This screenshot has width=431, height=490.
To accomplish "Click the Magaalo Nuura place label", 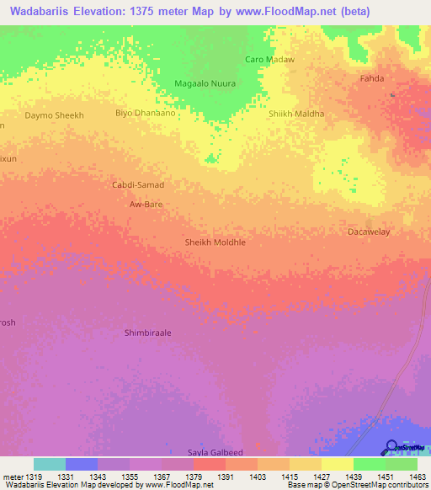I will click(204, 83).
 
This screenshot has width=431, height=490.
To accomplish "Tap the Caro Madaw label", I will click(269, 59).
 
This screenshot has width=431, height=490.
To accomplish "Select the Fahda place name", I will click(372, 78).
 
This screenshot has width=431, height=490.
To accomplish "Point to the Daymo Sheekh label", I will click(55, 115).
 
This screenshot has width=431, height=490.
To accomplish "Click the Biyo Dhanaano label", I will click(145, 113).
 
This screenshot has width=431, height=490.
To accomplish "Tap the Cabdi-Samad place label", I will click(138, 184).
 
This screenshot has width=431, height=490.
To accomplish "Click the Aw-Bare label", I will click(146, 205).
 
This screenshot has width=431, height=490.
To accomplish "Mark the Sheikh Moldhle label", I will click(215, 242).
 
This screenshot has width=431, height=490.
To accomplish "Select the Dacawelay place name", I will click(369, 231).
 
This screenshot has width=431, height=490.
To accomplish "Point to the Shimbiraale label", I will click(147, 333).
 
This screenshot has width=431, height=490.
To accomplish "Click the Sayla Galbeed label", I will click(215, 452).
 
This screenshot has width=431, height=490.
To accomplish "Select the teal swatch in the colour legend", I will click(50, 464).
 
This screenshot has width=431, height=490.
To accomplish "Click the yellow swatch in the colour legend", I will click(337, 464).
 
